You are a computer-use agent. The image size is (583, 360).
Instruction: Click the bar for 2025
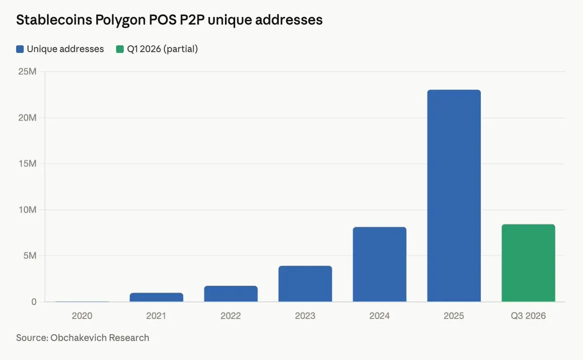pos(454,196)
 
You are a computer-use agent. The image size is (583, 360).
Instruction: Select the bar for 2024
pos(379,264)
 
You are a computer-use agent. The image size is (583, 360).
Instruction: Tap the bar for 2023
pos(305,284)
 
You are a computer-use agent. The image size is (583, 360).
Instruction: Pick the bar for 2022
pos(231,294)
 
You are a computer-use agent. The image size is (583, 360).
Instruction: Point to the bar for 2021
pos(156,297)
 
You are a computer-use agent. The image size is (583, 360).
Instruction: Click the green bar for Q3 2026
pos(528,263)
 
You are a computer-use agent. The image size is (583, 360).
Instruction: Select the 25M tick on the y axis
pos(27,72)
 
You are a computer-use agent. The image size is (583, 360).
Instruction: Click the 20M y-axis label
pos(27,118)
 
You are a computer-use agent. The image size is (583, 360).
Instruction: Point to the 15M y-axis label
pos(27,164)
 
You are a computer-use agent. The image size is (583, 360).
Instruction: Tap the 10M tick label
pos(27,210)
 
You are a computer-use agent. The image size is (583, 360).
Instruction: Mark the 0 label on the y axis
pos(34,302)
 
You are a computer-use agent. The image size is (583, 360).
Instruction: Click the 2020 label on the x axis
pos(82,316)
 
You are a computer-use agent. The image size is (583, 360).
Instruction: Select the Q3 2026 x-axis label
pos(528,316)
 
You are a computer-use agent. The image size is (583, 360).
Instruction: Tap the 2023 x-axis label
pos(305,316)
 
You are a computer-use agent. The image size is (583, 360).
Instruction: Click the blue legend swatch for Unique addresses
pos(20,49)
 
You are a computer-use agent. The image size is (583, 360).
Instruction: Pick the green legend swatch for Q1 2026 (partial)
pos(120,49)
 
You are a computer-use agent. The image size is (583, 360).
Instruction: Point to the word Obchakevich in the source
pos(80,337)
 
